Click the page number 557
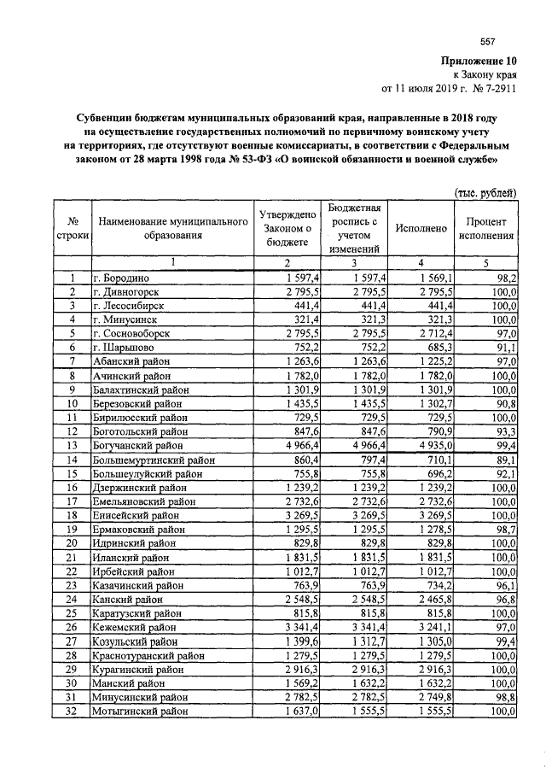pos(489,43)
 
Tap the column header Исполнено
pos(420,229)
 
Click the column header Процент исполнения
pos(486,229)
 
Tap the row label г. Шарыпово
pos(125,348)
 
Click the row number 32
pos(73,710)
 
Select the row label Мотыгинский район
pos(138,710)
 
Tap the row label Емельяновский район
pos(142,501)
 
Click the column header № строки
pos(73,229)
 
